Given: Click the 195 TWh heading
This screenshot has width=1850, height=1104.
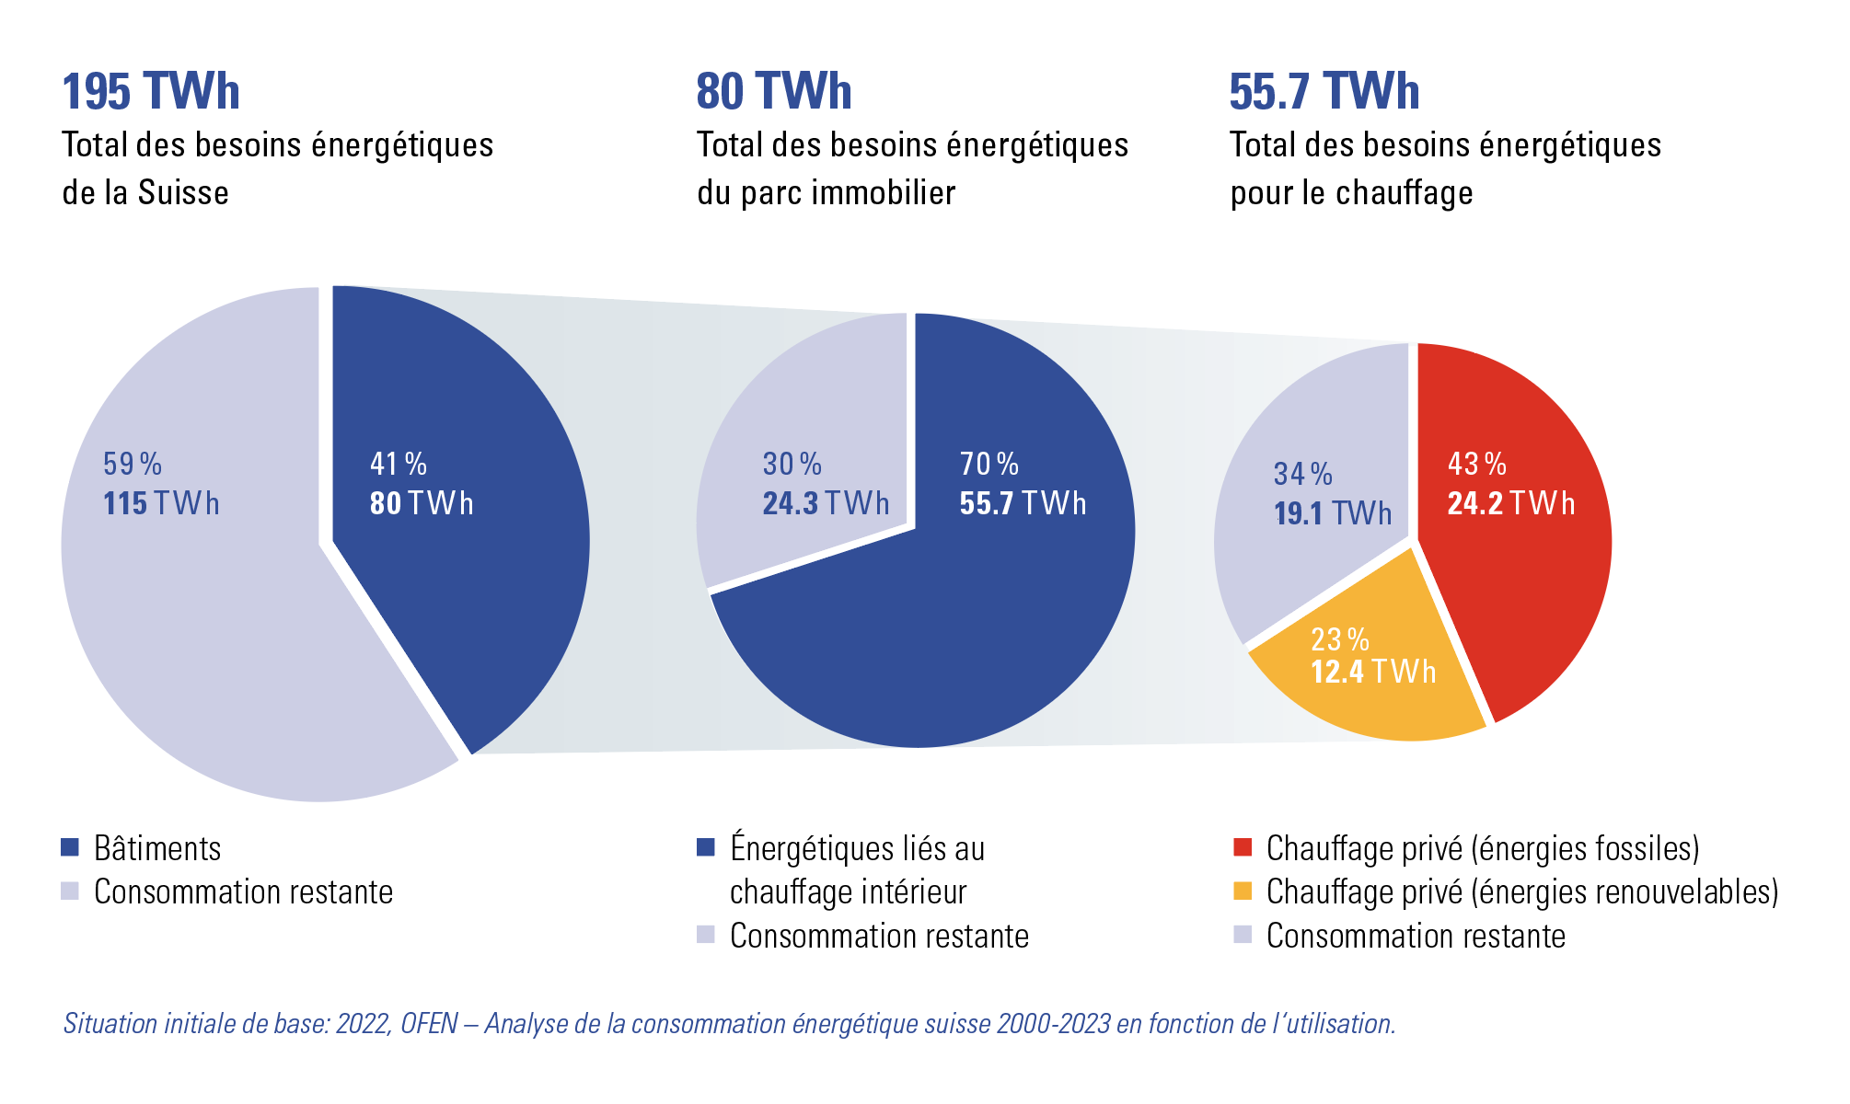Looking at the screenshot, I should click(151, 92).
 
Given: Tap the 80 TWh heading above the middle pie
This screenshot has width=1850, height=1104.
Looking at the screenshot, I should click(774, 92).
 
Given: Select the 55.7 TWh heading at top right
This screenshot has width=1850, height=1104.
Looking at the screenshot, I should click(1324, 92).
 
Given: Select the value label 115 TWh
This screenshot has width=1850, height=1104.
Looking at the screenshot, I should click(161, 504).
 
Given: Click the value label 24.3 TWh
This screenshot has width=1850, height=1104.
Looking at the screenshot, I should click(826, 504).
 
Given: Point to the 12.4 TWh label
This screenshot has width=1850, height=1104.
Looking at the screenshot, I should click(1373, 673).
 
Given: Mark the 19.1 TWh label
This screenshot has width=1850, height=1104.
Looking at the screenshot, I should click(1332, 513).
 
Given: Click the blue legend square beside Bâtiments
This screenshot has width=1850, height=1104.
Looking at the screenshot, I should click(70, 847).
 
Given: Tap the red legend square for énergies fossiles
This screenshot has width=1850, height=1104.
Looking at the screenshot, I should click(1243, 847).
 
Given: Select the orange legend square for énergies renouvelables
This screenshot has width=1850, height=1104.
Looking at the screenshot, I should click(1243, 891).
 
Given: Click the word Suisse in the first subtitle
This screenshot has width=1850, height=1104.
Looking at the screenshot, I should click(183, 193).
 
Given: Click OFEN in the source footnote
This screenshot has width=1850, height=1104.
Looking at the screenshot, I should click(429, 1024).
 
